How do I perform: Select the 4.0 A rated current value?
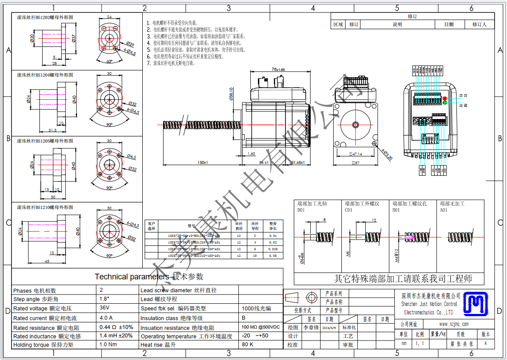pyautogui.click(x=106, y=317)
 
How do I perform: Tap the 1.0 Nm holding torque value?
pyautogui.click(x=108, y=344)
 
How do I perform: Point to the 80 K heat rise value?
pyautogui.click(x=247, y=344)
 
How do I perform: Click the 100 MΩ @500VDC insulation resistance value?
pyautogui.click(x=261, y=327)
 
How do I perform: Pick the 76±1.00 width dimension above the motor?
pyautogui.click(x=278, y=70)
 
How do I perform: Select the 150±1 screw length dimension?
pyautogui.click(x=203, y=163)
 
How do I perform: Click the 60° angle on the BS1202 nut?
pyautogui.click(x=109, y=62)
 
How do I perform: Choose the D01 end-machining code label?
pyautogui.click(x=301, y=210)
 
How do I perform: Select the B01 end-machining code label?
pyautogui.click(x=396, y=210)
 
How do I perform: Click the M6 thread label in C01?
pyautogui.click(x=348, y=253)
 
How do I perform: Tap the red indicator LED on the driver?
pyautogui.click(x=445, y=98)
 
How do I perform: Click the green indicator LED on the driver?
pyautogui.click(x=445, y=103)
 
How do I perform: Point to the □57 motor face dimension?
pyautogui.click(x=355, y=163)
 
